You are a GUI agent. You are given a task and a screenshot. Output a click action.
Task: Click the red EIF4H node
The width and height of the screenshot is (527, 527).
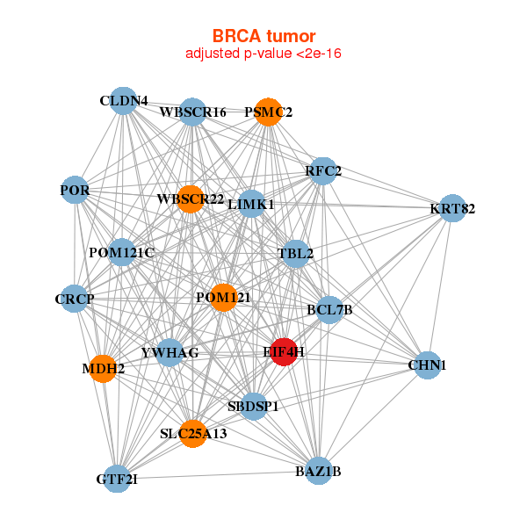pyautogui.click(x=284, y=351)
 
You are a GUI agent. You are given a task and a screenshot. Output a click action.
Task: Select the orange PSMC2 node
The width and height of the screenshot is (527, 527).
pyautogui.click(x=268, y=112)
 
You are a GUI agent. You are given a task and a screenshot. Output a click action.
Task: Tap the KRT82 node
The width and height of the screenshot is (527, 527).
pyautogui.click(x=451, y=208)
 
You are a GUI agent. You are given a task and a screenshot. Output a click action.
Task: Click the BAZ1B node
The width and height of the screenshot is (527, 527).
pyautogui.click(x=318, y=471)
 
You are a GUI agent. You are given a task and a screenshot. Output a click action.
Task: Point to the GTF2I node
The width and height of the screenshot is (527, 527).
pyautogui.click(x=117, y=479)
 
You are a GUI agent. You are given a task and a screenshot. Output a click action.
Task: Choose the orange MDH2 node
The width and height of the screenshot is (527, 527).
pyautogui.click(x=104, y=369)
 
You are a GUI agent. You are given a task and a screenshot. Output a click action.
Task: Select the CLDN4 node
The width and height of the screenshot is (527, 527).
pyautogui.click(x=123, y=101)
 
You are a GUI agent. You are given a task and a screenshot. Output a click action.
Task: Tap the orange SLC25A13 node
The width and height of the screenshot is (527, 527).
pyautogui.click(x=193, y=433)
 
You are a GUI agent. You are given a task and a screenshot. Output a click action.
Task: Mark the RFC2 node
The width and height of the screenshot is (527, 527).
pyautogui.click(x=323, y=170)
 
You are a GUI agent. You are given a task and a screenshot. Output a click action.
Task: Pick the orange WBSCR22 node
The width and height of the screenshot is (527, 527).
pyautogui.click(x=190, y=199)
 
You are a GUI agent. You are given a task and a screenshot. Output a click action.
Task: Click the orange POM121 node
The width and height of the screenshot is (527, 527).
pyautogui.click(x=223, y=298)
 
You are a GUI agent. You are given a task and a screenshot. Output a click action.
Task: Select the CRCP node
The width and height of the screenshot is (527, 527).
pyautogui.click(x=75, y=300)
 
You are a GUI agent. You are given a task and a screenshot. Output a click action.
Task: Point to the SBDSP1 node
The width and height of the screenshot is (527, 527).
pyautogui.click(x=253, y=406)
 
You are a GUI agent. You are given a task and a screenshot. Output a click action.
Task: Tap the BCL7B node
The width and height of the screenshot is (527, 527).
pyautogui.click(x=328, y=309)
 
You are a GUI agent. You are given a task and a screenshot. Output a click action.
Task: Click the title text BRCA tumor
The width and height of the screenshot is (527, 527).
pyautogui.click(x=263, y=36)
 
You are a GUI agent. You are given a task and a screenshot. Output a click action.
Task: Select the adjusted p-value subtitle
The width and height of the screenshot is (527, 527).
pyautogui.click(x=263, y=54)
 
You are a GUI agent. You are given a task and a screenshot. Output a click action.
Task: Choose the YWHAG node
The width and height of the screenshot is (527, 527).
pyautogui.click(x=170, y=353)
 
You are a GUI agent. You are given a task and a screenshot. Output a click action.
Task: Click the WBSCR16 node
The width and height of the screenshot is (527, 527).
pyautogui.click(x=192, y=112)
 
